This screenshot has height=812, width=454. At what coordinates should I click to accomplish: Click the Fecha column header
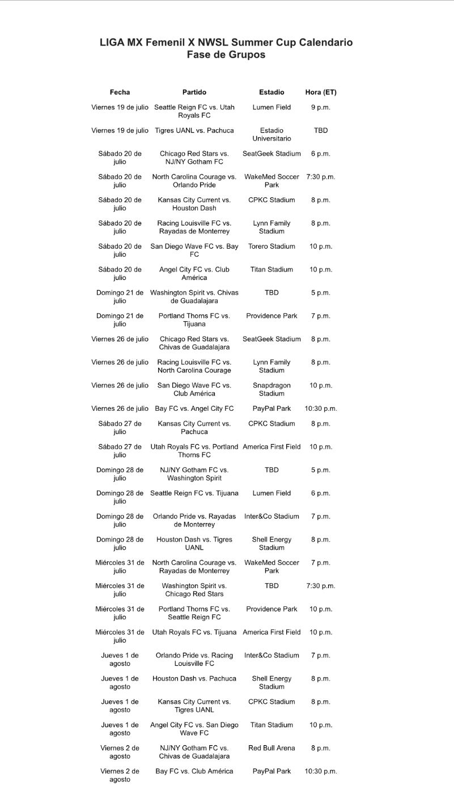[x=120, y=92]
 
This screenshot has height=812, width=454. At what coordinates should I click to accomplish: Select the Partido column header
[x=194, y=92]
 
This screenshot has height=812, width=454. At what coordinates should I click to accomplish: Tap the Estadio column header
[x=271, y=92]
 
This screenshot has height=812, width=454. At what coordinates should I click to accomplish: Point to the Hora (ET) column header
[x=321, y=92]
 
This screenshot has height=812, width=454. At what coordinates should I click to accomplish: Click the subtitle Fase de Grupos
[x=226, y=55]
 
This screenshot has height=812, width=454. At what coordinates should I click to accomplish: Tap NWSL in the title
[x=209, y=42]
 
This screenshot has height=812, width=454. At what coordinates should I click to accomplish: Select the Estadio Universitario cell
[x=271, y=134]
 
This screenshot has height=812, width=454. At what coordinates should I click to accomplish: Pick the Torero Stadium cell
[x=271, y=246]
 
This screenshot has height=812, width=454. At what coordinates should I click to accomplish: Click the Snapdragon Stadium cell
[x=271, y=389]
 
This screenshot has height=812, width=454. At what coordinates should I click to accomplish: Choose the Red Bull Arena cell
[x=271, y=748]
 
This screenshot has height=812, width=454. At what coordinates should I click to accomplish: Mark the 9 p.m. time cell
[x=321, y=107]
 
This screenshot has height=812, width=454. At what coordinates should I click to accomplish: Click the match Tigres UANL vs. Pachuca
[x=194, y=130]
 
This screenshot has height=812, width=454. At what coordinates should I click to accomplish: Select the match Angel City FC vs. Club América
[x=194, y=274]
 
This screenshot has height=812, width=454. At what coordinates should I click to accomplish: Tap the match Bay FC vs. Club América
[x=194, y=771]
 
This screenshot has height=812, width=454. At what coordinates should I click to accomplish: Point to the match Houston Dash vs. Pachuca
[x=194, y=678]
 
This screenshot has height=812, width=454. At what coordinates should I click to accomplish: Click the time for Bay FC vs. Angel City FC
[x=321, y=409]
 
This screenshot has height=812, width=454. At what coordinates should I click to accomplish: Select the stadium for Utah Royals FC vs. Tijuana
[x=271, y=632]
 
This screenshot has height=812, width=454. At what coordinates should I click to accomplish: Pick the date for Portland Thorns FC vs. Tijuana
[x=120, y=320]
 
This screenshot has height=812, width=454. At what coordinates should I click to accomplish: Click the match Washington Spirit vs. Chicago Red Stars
[x=194, y=590]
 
